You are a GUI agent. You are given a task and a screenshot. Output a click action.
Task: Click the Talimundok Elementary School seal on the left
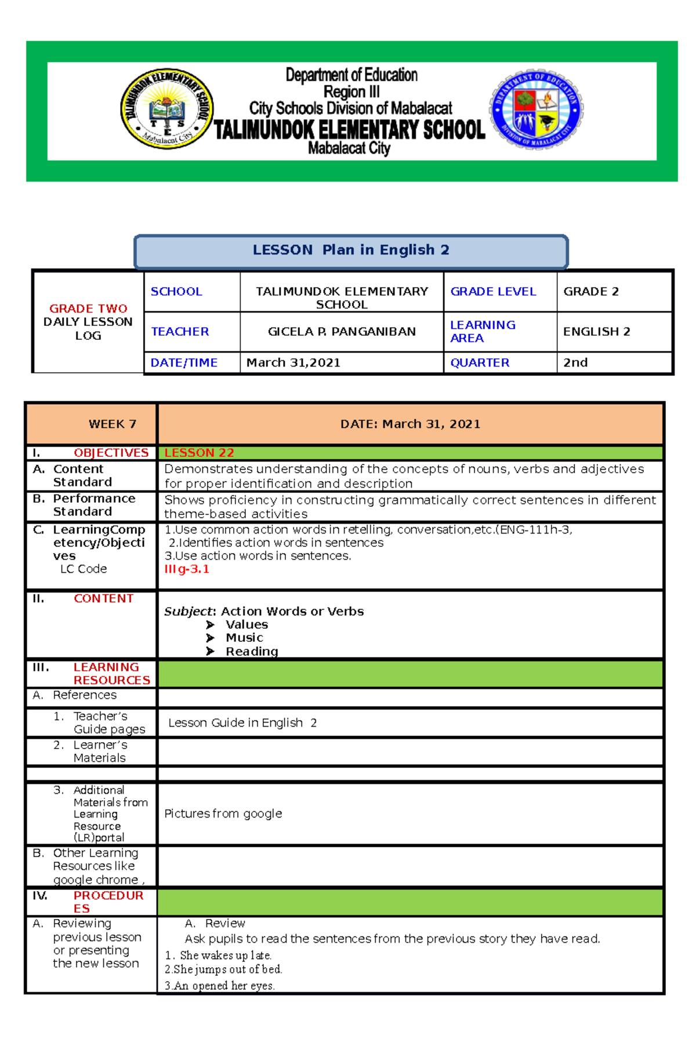click(x=166, y=108)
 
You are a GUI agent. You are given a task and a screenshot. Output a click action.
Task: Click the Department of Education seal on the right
click(x=536, y=109)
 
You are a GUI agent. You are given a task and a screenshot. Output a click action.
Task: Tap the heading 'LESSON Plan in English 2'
click(x=351, y=250)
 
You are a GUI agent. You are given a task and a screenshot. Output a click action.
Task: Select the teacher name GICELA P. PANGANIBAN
click(x=342, y=332)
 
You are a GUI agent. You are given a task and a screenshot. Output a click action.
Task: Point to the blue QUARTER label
click(x=480, y=363)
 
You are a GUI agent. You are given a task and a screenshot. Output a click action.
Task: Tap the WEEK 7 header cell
click(x=113, y=424)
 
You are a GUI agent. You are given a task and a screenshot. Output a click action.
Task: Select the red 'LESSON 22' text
click(x=199, y=453)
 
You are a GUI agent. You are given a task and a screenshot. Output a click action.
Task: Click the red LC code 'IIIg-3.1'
click(x=186, y=569)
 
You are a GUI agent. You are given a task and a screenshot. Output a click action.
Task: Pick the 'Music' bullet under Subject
click(x=244, y=638)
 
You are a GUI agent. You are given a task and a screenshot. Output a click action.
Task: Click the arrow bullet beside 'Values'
click(x=210, y=624)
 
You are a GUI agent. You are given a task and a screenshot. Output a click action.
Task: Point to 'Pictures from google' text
click(x=223, y=814)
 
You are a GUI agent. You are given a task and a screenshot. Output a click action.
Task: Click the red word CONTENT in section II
click(x=103, y=598)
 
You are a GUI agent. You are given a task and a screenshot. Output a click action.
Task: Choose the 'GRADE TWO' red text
click(x=88, y=308)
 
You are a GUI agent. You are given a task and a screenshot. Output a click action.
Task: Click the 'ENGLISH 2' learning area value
click(x=596, y=332)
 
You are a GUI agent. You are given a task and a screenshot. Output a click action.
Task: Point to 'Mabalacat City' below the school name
click(x=349, y=148)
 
